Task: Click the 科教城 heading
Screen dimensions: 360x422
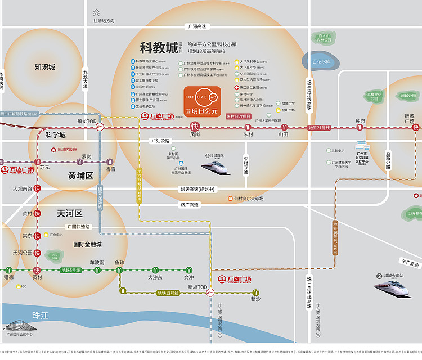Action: [159, 47]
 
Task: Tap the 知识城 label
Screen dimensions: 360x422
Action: [45, 67]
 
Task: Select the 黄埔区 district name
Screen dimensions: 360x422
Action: [80, 175]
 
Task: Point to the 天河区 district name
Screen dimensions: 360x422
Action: [70, 213]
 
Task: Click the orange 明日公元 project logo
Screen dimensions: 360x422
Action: [201, 100]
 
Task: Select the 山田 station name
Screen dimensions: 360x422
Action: [283, 135]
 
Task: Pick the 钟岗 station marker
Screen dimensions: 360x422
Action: [360, 128]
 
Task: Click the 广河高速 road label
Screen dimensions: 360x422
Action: [196, 26]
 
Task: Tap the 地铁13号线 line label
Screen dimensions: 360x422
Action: [167, 292]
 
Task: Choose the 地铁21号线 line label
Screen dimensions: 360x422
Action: [319, 128]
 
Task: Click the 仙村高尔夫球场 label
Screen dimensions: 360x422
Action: [249, 199]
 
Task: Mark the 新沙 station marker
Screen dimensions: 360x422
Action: [256, 292]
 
